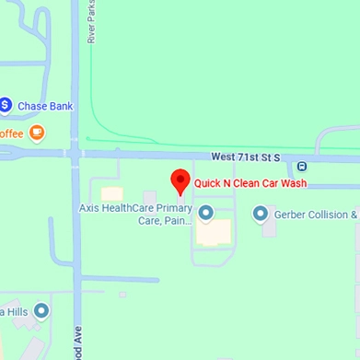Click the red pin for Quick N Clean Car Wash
point(180,181)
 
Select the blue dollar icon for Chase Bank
point(5,105)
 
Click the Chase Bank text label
point(45,106)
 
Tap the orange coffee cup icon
point(37,133)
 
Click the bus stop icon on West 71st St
point(301,167)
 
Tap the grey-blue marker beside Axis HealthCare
point(205,214)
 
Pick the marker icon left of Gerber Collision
point(261,214)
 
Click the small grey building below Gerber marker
point(269,227)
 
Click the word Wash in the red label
point(292,183)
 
